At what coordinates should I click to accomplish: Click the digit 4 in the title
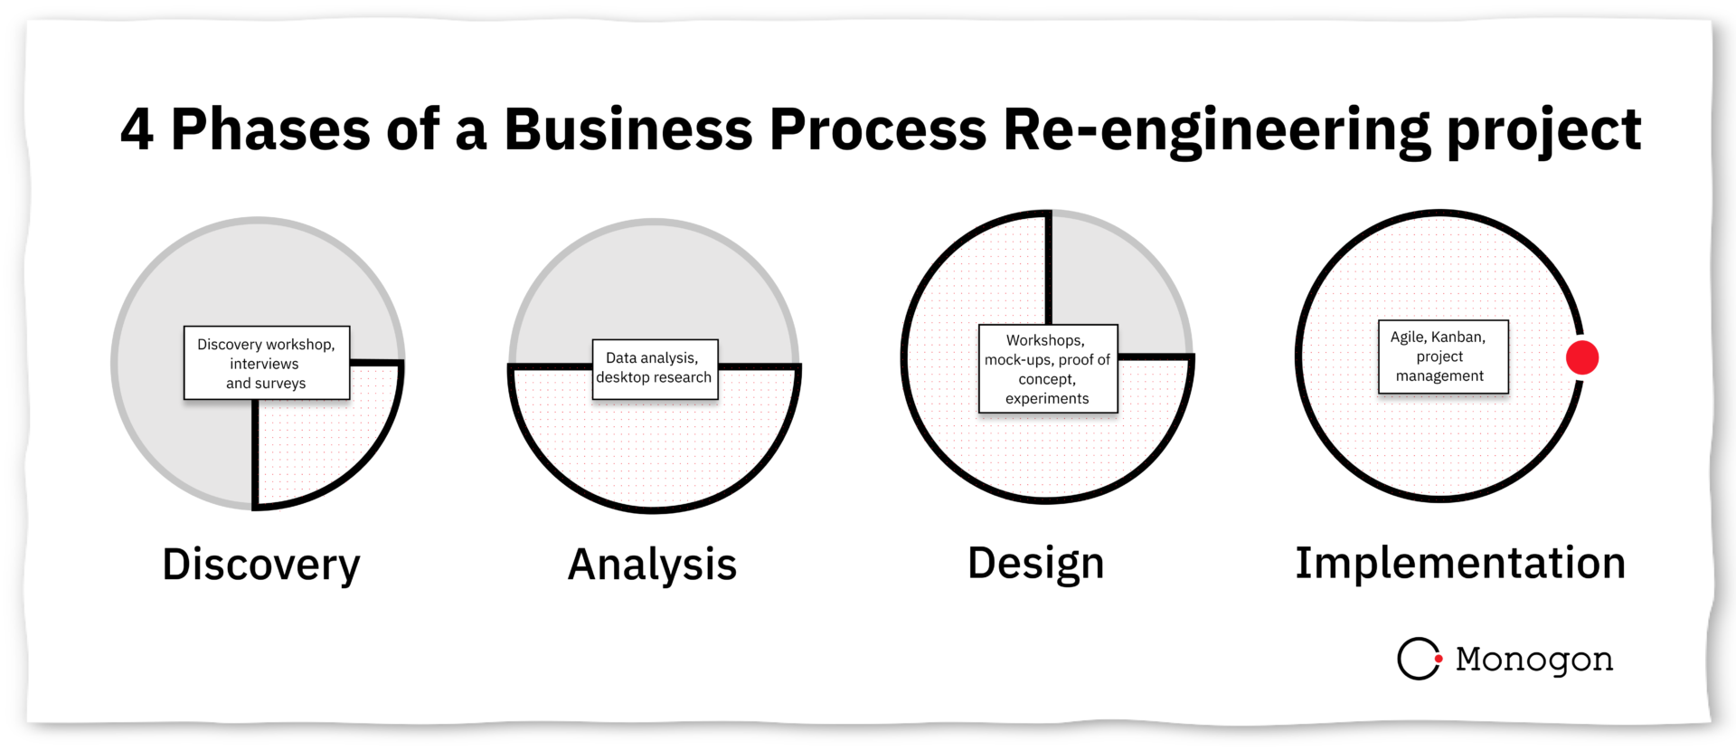click(137, 129)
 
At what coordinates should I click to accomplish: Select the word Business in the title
click(627, 129)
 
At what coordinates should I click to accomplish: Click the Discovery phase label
click(260, 565)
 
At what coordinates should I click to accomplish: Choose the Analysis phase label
click(652, 565)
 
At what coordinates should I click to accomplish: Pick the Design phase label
click(1035, 563)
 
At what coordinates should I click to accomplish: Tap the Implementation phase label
click(1460, 563)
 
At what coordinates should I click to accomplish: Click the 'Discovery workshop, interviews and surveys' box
click(267, 363)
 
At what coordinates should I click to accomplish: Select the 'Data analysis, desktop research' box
click(655, 368)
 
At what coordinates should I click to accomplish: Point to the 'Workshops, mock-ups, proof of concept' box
click(1048, 368)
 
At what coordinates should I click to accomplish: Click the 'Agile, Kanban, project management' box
click(1443, 356)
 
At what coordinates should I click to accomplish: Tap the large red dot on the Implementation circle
click(1582, 357)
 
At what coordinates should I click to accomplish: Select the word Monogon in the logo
click(1534, 659)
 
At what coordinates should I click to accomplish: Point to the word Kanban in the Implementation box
click(1458, 337)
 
